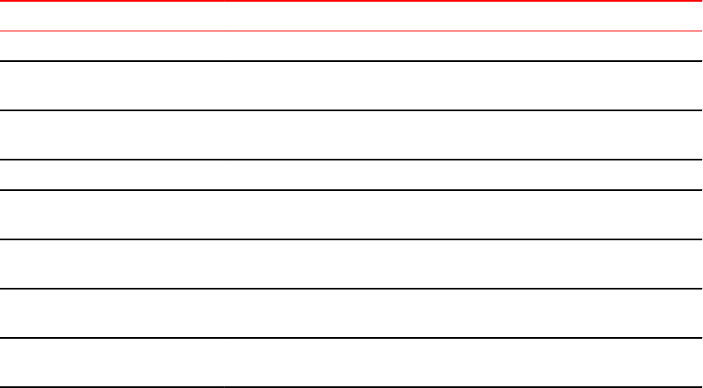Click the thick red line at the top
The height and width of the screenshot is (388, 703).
pyautogui.click(x=351, y=1)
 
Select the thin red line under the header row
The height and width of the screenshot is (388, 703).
pyautogui.click(x=351, y=31)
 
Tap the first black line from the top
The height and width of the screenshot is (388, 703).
pyautogui.click(x=351, y=61)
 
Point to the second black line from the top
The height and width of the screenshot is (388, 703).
pyautogui.click(x=351, y=110)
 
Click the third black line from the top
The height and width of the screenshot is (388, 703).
pyautogui.click(x=351, y=160)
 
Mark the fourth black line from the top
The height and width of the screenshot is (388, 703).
pyautogui.click(x=351, y=190)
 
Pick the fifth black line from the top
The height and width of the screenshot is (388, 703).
pyautogui.click(x=351, y=239)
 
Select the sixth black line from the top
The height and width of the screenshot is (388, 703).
pyautogui.click(x=351, y=289)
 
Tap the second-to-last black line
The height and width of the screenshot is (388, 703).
pyautogui.click(x=351, y=338)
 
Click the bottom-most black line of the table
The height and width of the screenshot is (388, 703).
pyautogui.click(x=351, y=387)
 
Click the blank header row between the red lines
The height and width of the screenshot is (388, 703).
pyautogui.click(x=351, y=16)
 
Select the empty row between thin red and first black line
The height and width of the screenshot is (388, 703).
pyautogui.click(x=351, y=47)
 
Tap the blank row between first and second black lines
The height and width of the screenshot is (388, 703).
pyautogui.click(x=351, y=86)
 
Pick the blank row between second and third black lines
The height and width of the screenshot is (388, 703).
pyautogui.click(x=351, y=135)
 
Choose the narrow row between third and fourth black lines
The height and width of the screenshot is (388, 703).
pyautogui.click(x=351, y=175)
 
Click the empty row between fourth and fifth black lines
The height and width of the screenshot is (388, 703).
pyautogui.click(x=351, y=215)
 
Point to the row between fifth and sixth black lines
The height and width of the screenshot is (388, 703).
pyautogui.click(x=351, y=264)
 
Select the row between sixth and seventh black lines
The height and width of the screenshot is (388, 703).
pyautogui.click(x=351, y=313)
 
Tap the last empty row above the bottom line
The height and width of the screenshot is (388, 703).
pyautogui.click(x=351, y=363)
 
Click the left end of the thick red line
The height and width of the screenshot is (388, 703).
pyautogui.click(x=3, y=1)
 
